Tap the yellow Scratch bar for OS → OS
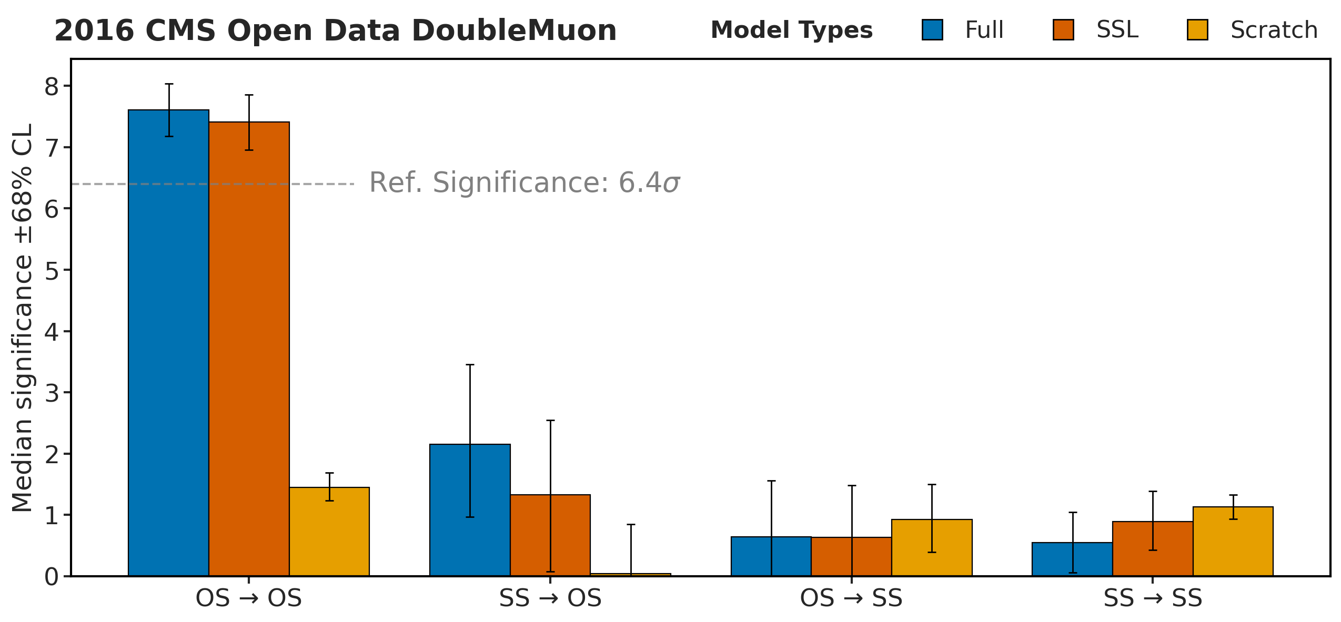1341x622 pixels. pos(329,531)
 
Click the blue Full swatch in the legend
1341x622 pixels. pos(932,30)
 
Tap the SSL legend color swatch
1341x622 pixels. pos(1063,30)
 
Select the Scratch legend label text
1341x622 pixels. pos(1274,30)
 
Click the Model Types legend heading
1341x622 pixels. pos(791,30)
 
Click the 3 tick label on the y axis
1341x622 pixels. pos(52,393)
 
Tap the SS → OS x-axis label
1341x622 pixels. pos(550,598)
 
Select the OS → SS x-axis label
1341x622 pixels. pos(851,598)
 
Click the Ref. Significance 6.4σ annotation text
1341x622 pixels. pos(525,183)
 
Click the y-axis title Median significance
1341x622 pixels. pos(22,318)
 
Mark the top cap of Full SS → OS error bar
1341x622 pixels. pos(470,364)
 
